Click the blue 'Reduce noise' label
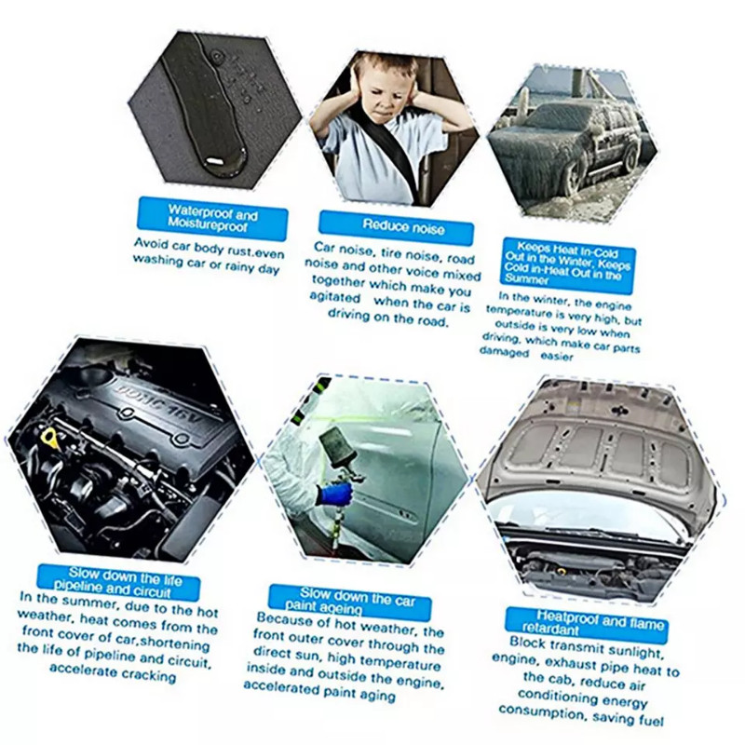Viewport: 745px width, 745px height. click(397, 227)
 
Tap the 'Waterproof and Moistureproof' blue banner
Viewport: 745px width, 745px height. click(212, 219)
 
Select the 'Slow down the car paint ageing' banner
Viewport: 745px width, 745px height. click(350, 601)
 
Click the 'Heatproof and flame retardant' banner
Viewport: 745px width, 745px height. click(587, 624)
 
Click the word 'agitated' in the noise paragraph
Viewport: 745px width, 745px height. click(334, 297)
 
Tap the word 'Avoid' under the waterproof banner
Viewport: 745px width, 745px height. click(151, 243)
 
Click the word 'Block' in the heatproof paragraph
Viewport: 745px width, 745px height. click(527, 643)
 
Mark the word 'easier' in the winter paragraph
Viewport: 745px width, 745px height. click(556, 357)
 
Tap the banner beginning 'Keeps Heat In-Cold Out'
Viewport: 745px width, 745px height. click(568, 264)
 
